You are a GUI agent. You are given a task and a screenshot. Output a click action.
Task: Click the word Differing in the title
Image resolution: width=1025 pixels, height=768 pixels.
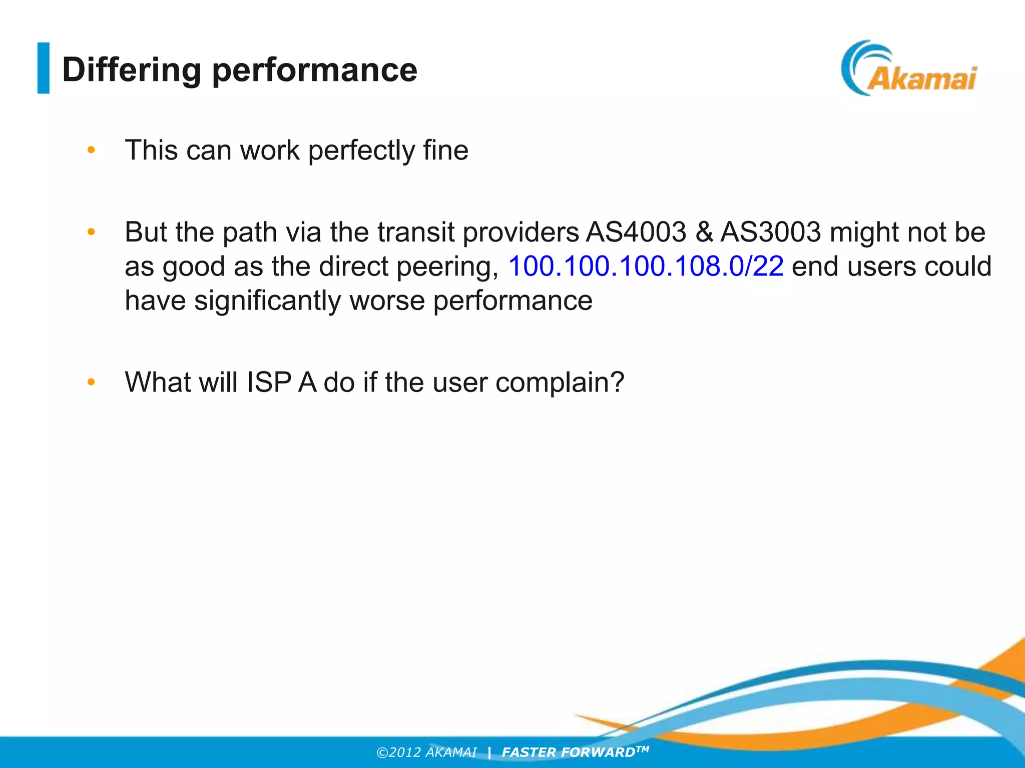(x=131, y=70)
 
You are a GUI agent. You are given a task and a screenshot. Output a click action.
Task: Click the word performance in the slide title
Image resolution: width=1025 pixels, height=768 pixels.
(x=315, y=70)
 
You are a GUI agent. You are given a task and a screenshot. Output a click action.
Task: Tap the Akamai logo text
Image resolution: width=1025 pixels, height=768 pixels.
(x=921, y=79)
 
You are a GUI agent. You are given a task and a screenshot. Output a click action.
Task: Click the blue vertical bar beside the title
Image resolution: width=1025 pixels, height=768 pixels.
(x=44, y=68)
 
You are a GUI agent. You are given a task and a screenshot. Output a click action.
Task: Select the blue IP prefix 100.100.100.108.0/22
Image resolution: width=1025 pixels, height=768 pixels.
(x=646, y=266)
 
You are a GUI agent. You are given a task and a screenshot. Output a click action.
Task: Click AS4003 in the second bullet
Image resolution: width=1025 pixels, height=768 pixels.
(x=636, y=232)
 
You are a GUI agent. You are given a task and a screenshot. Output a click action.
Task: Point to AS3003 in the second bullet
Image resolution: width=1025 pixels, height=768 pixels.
(x=771, y=232)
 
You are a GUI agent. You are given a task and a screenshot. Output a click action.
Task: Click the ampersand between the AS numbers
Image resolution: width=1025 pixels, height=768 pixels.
(x=704, y=232)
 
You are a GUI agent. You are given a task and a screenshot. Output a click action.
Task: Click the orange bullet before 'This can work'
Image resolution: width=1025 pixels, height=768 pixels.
(x=91, y=150)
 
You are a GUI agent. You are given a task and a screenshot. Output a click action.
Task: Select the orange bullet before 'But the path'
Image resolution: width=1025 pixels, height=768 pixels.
(x=91, y=232)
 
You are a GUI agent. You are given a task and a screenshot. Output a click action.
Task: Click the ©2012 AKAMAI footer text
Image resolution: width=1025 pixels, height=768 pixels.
(x=427, y=752)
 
